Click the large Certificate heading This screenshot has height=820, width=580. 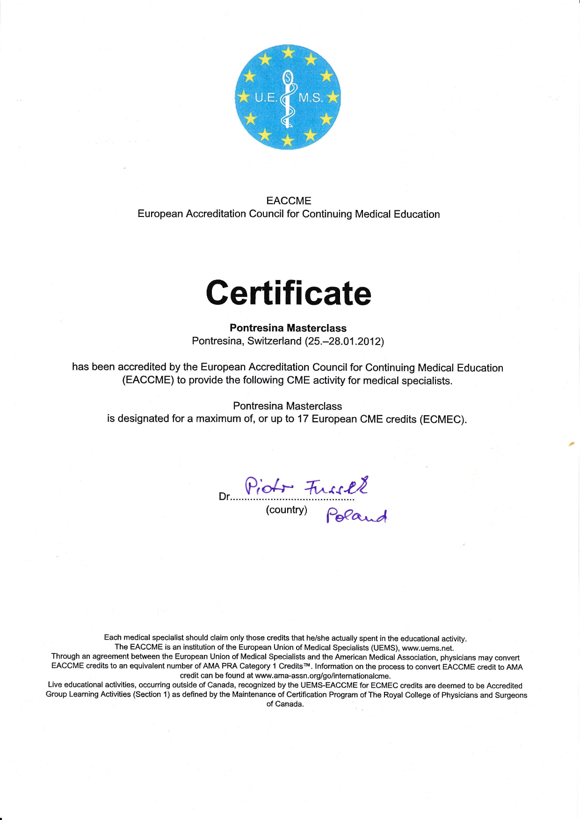tap(289, 293)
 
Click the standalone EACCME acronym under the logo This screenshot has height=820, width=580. tap(289, 201)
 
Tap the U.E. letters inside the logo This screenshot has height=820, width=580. tap(266, 98)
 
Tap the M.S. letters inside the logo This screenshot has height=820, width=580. tap(311, 98)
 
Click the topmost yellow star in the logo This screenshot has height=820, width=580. tap(289, 52)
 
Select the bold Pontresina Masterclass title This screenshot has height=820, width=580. tap(288, 328)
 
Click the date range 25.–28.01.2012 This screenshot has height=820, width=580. tap(344, 341)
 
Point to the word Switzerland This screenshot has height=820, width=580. tap(275, 341)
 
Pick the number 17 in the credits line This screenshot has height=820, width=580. tap(303, 419)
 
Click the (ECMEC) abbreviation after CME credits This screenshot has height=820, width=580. tap(443, 419)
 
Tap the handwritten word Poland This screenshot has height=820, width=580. tap(357, 516)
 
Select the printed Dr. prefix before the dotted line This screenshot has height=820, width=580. tap(225, 497)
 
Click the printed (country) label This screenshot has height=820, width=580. tap(287, 510)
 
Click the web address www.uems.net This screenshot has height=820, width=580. tap(428, 648)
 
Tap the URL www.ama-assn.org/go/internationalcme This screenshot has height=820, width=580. tap(323, 676)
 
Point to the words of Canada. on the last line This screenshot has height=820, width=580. tap(285, 704)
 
